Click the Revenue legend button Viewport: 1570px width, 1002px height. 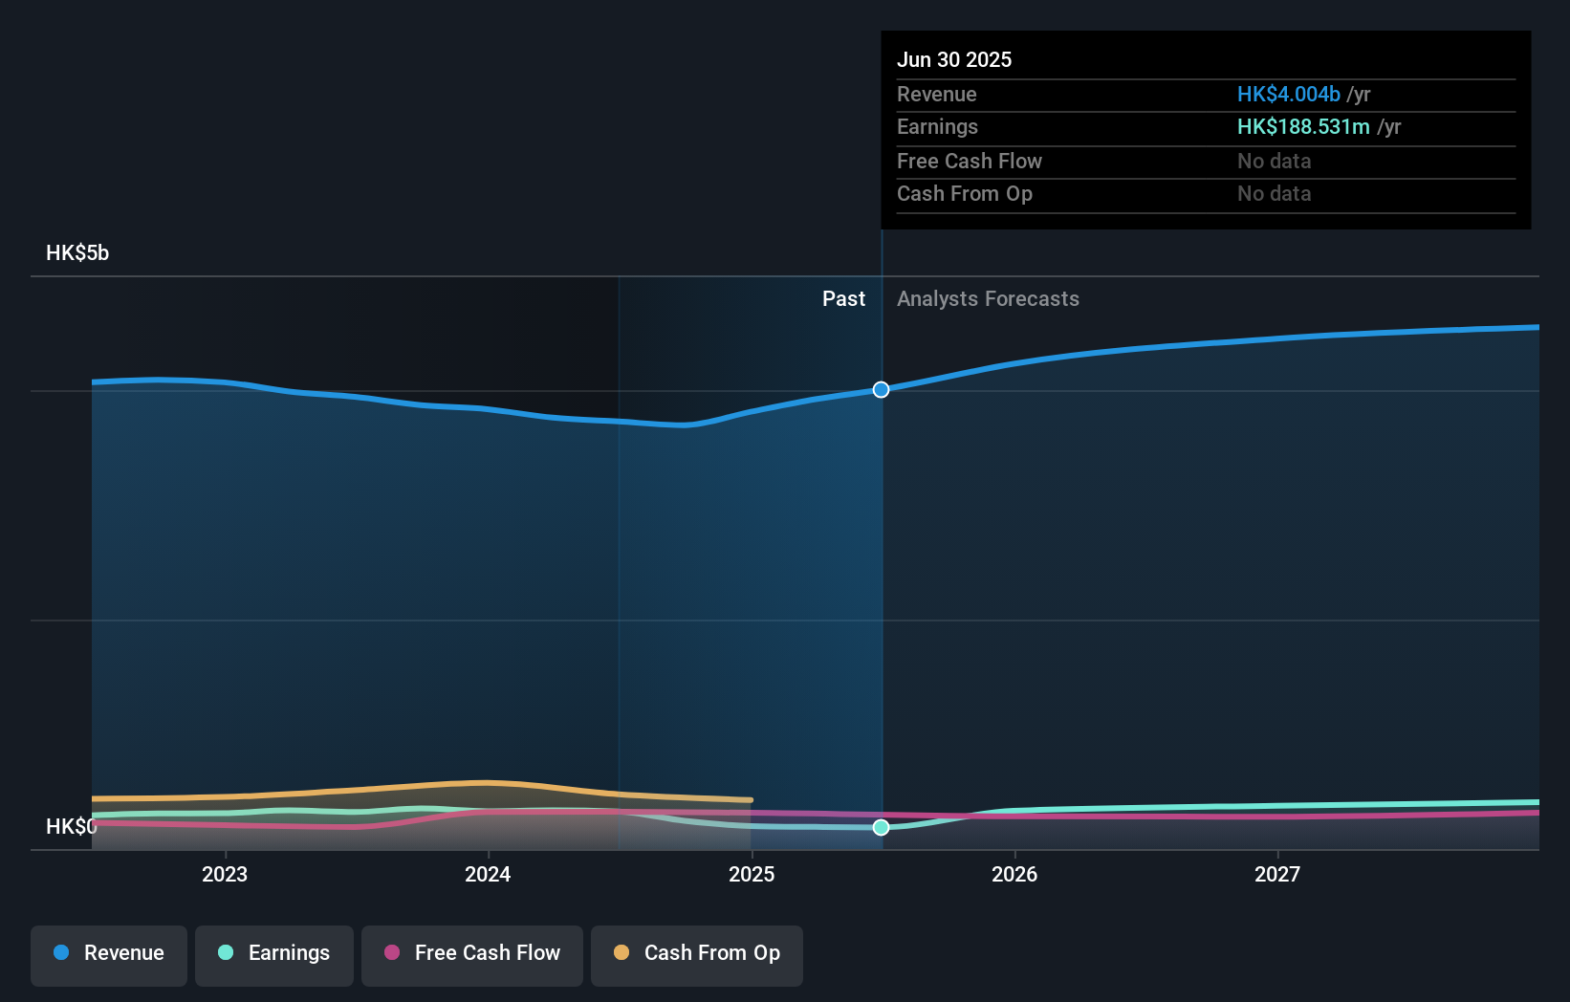point(109,953)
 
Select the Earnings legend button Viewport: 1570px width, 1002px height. point(274,953)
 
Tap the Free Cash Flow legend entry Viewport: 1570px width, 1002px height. point(472,953)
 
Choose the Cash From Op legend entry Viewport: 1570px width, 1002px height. point(697,953)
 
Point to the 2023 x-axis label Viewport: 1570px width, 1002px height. point(225,874)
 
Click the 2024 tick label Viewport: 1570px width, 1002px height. point(488,874)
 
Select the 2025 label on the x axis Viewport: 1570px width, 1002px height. point(752,874)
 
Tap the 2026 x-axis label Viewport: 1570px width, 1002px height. point(1014,874)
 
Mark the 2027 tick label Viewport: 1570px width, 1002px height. point(1277,874)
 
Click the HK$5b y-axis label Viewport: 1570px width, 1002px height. point(77,253)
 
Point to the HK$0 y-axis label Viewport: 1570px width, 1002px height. point(71,826)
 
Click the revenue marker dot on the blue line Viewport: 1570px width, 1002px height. point(881,389)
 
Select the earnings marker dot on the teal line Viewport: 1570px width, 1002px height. point(881,827)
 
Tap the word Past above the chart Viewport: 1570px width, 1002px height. point(843,299)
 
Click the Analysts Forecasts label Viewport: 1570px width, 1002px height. point(988,299)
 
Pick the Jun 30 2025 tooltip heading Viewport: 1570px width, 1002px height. point(954,59)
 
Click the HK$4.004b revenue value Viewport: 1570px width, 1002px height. point(1288,95)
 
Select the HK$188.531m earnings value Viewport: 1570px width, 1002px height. point(1303,127)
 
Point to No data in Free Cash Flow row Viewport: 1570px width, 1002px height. point(1274,162)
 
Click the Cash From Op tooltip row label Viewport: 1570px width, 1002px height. point(964,194)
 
